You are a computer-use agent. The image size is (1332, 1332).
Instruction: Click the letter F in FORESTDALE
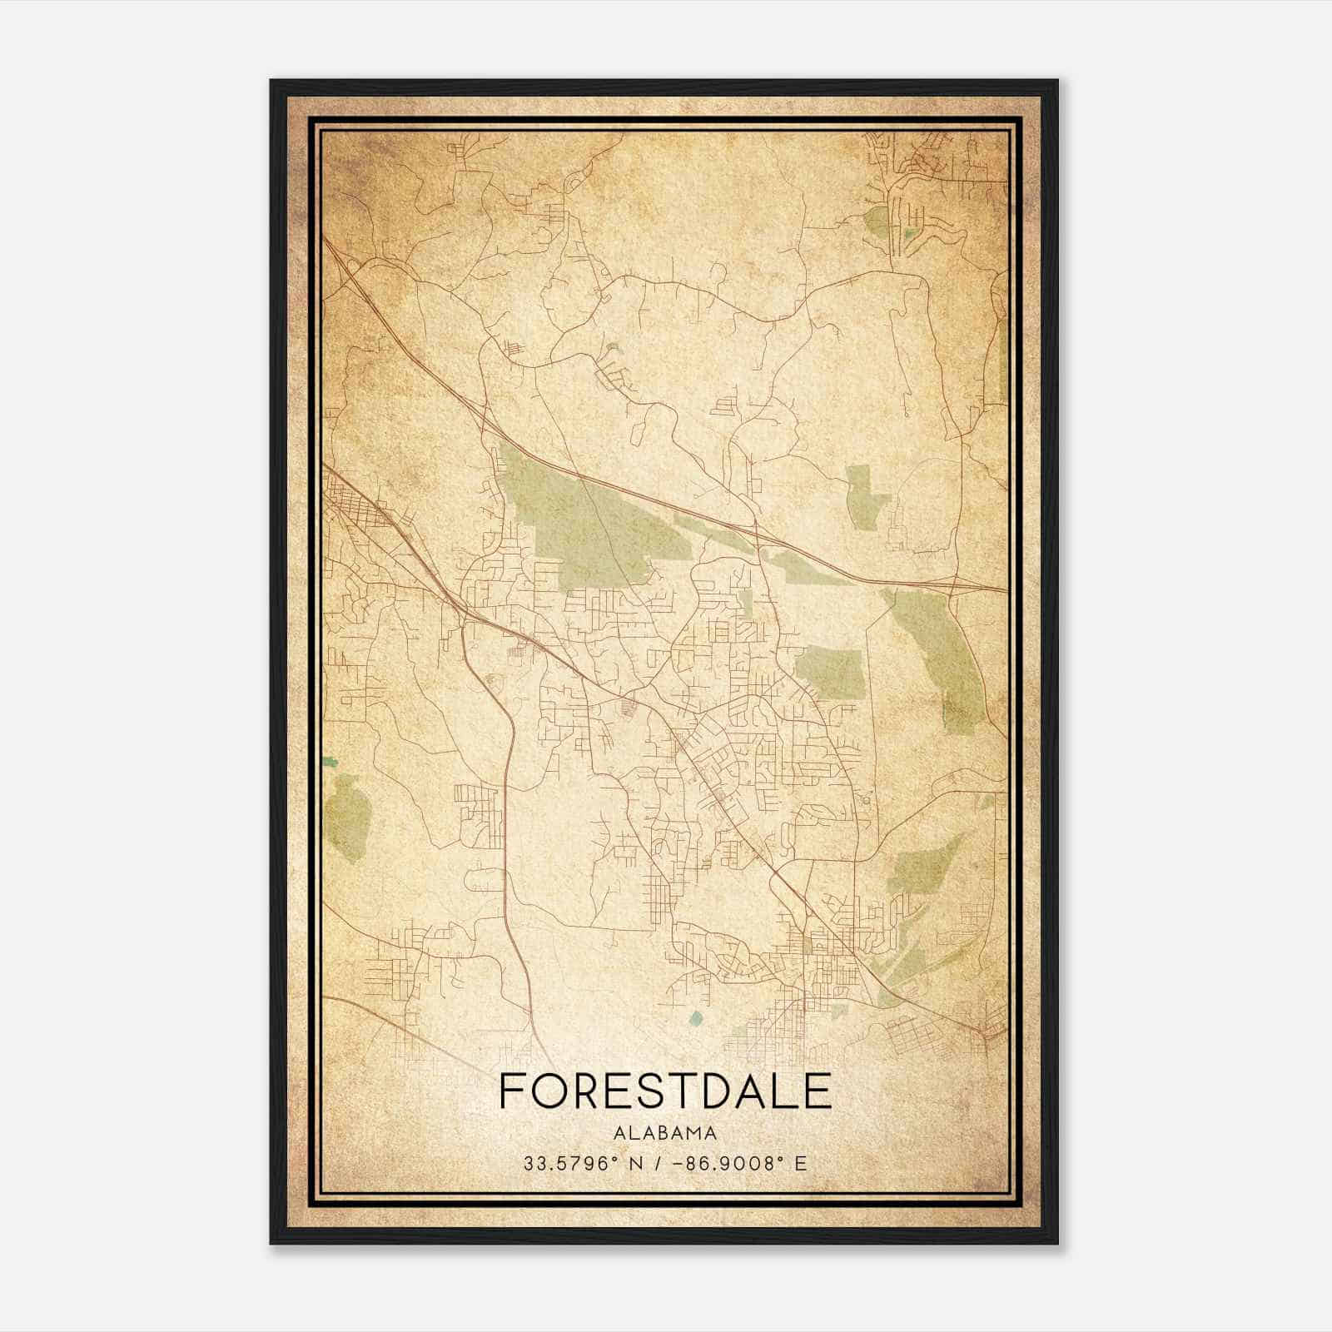tap(511, 1091)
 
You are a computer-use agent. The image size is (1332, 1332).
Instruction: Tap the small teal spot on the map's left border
tap(331, 761)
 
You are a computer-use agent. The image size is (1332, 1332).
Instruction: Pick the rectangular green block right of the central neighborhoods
tap(830, 672)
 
